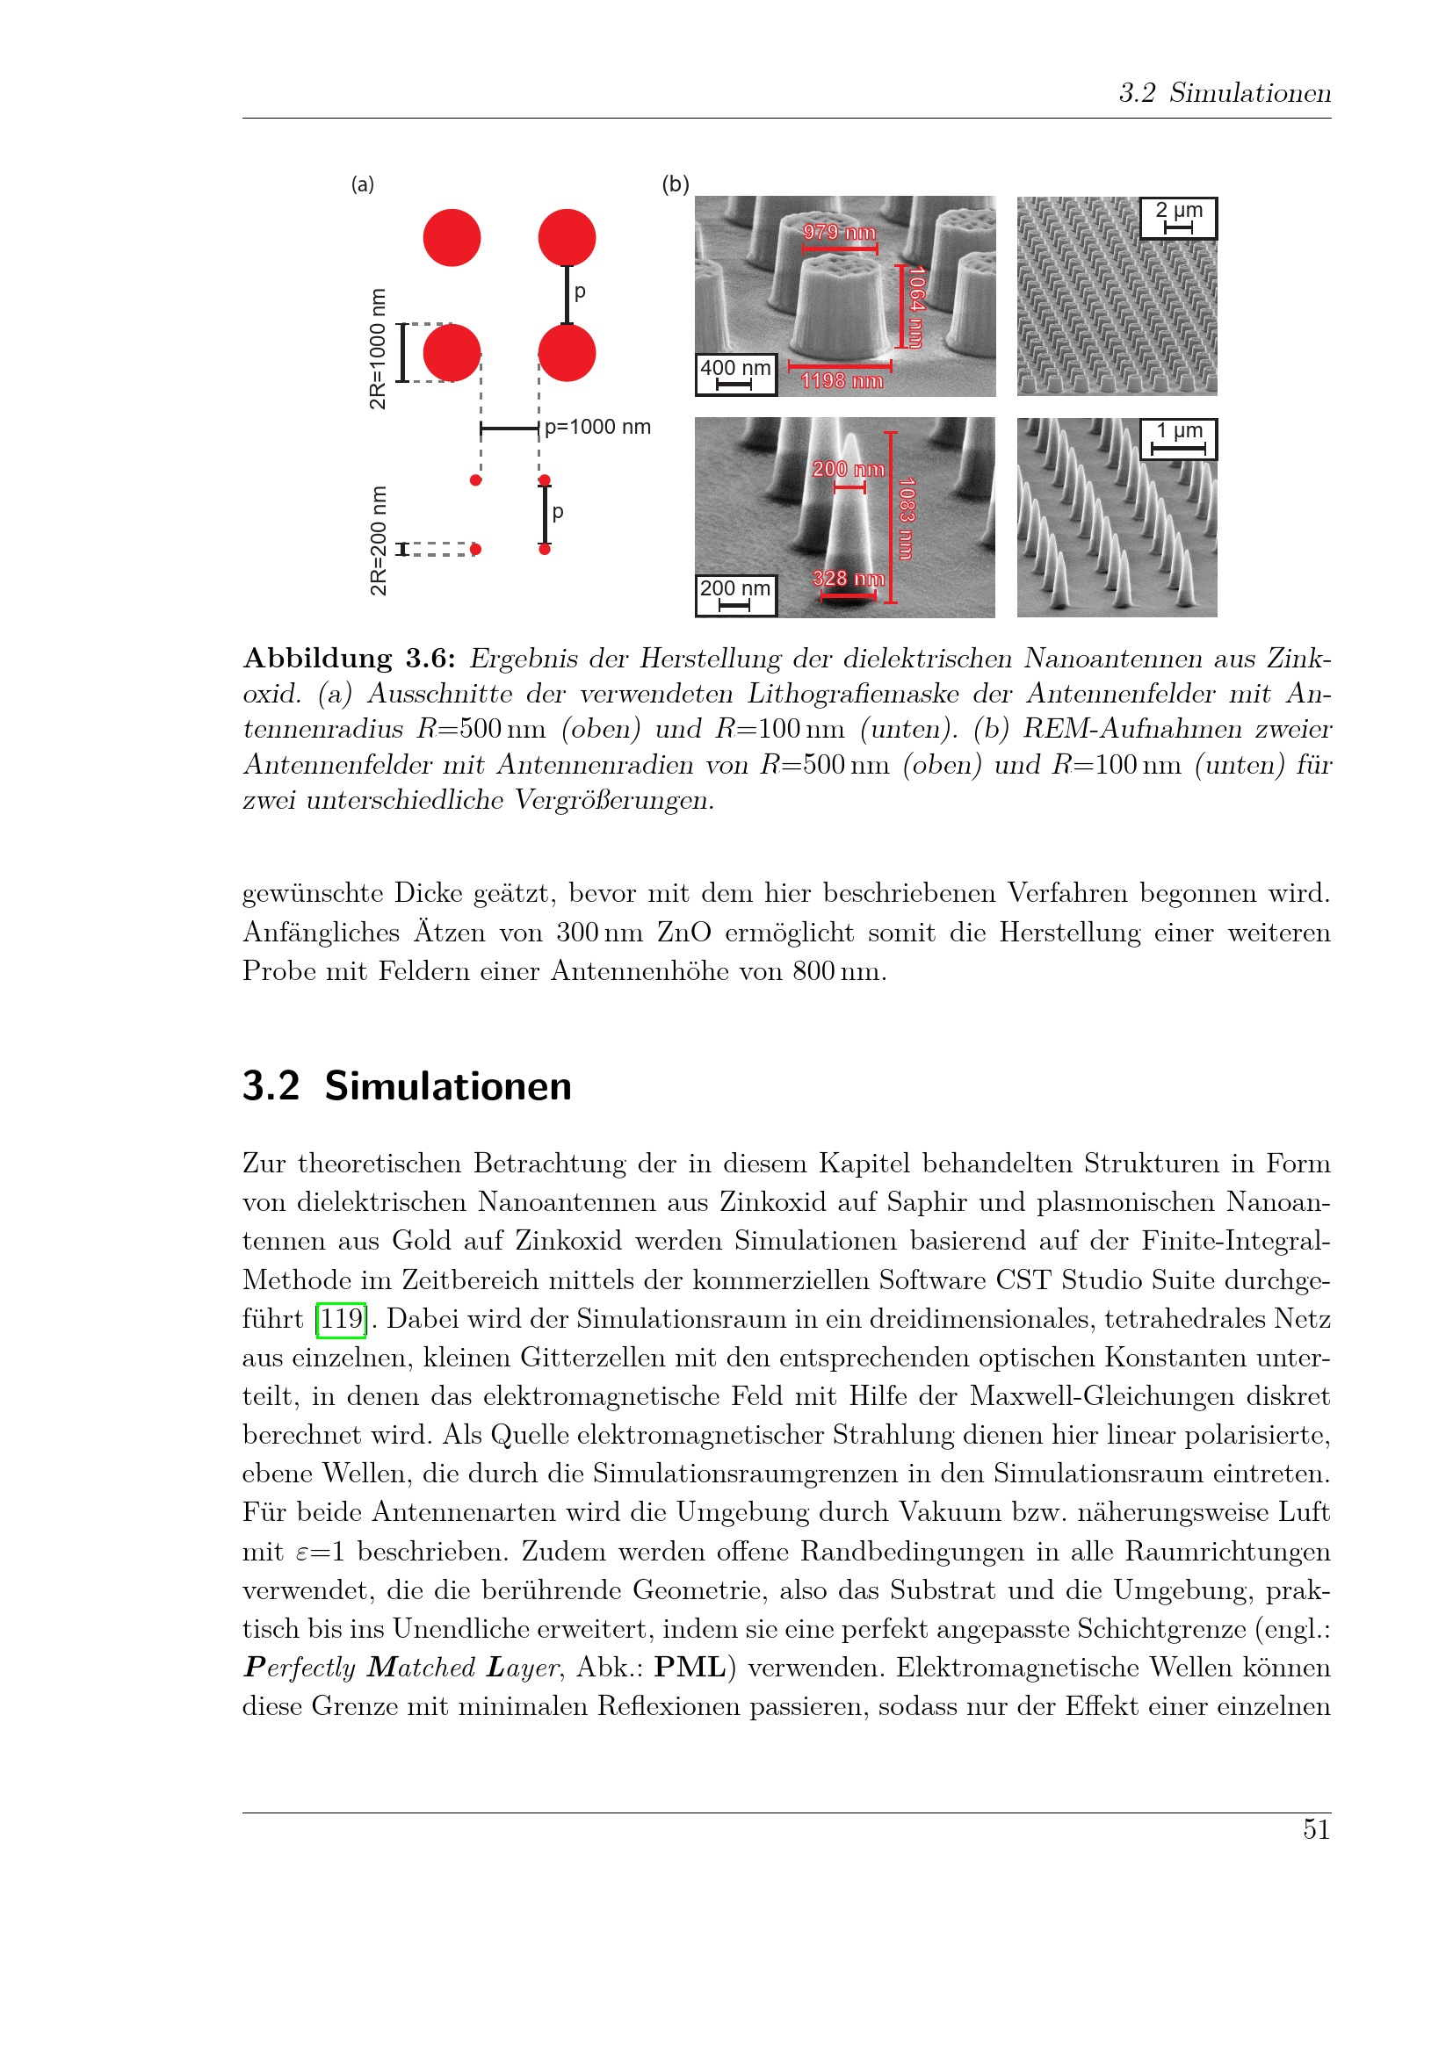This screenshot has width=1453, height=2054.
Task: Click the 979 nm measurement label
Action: tap(839, 232)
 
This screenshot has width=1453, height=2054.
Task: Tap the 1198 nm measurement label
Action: tap(841, 381)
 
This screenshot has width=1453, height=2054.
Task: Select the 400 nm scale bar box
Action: tap(735, 374)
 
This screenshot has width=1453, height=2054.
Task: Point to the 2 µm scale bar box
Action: tap(1178, 218)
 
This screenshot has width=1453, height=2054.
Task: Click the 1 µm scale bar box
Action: tap(1178, 438)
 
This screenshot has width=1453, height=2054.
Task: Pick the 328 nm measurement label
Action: tap(849, 579)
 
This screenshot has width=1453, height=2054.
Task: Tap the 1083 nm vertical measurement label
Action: tap(906, 519)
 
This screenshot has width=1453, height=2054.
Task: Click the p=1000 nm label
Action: tap(597, 428)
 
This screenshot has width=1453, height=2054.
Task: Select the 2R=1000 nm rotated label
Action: tap(379, 349)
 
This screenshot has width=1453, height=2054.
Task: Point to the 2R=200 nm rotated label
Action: tap(379, 540)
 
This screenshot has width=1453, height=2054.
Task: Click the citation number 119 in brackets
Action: tap(342, 1319)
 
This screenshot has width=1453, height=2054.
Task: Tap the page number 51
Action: tap(1316, 1829)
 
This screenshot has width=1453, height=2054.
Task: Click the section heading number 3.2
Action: tap(271, 1086)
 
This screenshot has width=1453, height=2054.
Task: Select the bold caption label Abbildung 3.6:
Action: tap(350, 659)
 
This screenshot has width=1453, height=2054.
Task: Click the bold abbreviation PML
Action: tap(689, 1668)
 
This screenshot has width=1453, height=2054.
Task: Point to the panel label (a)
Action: tap(362, 184)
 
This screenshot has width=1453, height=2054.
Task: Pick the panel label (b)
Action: tap(676, 184)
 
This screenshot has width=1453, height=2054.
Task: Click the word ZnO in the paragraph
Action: tap(684, 933)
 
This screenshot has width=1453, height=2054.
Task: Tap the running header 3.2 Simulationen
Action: tap(1225, 93)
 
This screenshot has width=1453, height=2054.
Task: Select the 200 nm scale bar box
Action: tap(735, 595)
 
